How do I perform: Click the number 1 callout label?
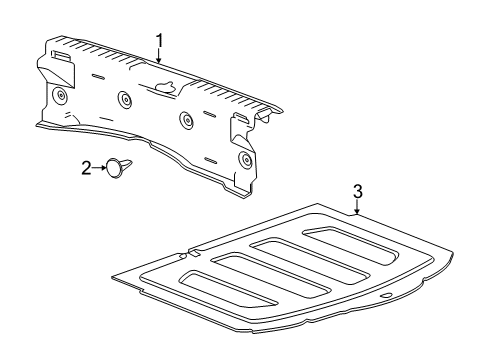coord(158,39)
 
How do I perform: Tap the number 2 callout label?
coord(85,168)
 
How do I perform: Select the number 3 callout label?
coord(357,190)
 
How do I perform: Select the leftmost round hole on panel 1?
coord(62,94)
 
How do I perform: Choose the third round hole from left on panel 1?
coord(186,120)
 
